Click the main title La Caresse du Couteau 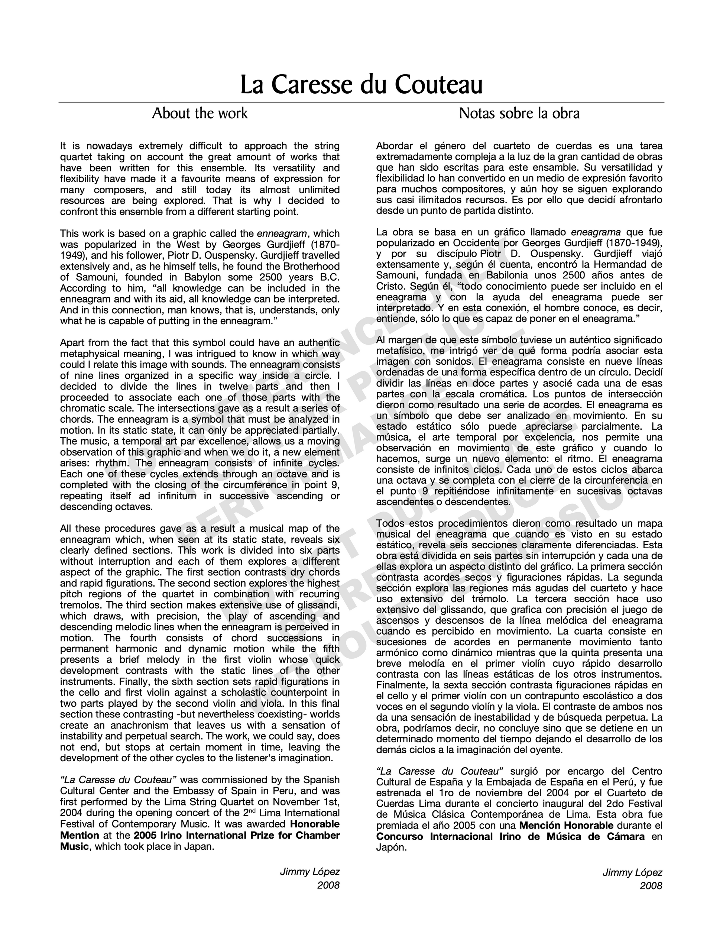point(361,84)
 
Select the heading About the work point(200,113)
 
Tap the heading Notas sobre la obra point(519,113)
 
